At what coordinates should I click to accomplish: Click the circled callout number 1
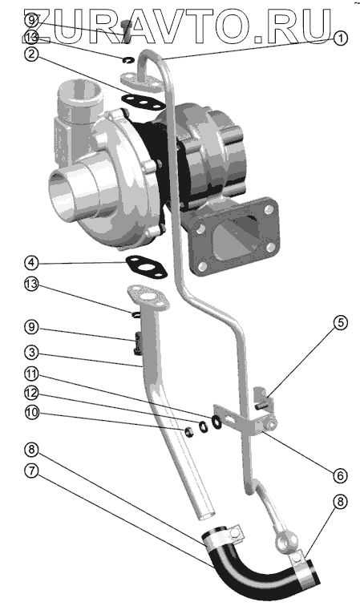340,38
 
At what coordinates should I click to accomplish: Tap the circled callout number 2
31,54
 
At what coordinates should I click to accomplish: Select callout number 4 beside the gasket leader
31,263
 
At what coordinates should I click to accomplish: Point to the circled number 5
340,323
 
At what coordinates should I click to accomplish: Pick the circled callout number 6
340,476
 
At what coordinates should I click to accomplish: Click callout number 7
31,471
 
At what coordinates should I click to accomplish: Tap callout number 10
31,412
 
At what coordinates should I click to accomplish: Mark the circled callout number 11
31,374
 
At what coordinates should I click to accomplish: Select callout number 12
31,394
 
